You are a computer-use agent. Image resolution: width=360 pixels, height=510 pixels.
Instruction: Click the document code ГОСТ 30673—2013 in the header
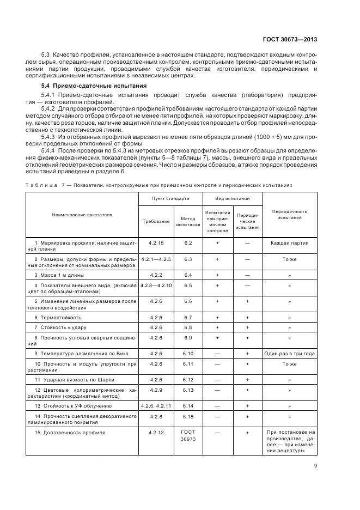coord(290,40)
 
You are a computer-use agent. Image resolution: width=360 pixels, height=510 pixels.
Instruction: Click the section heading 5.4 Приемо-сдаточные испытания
coord(86,87)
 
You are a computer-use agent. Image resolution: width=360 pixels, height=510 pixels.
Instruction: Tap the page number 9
coord(315,466)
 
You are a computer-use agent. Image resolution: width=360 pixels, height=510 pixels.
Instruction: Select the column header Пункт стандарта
coord(170,199)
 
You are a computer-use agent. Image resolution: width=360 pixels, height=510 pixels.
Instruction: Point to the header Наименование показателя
coord(82,215)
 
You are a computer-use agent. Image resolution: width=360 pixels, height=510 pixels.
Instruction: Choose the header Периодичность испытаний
coord(289,214)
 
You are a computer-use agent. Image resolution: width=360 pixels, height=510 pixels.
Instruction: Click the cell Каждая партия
coord(289,243)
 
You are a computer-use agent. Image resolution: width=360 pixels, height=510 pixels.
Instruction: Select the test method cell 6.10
coord(188,354)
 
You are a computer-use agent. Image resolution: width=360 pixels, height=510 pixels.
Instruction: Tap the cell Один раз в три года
coord(289,354)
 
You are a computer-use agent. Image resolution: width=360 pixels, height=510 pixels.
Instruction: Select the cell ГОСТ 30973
coord(188,435)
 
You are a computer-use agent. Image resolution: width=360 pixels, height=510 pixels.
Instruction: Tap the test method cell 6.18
coord(188,417)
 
